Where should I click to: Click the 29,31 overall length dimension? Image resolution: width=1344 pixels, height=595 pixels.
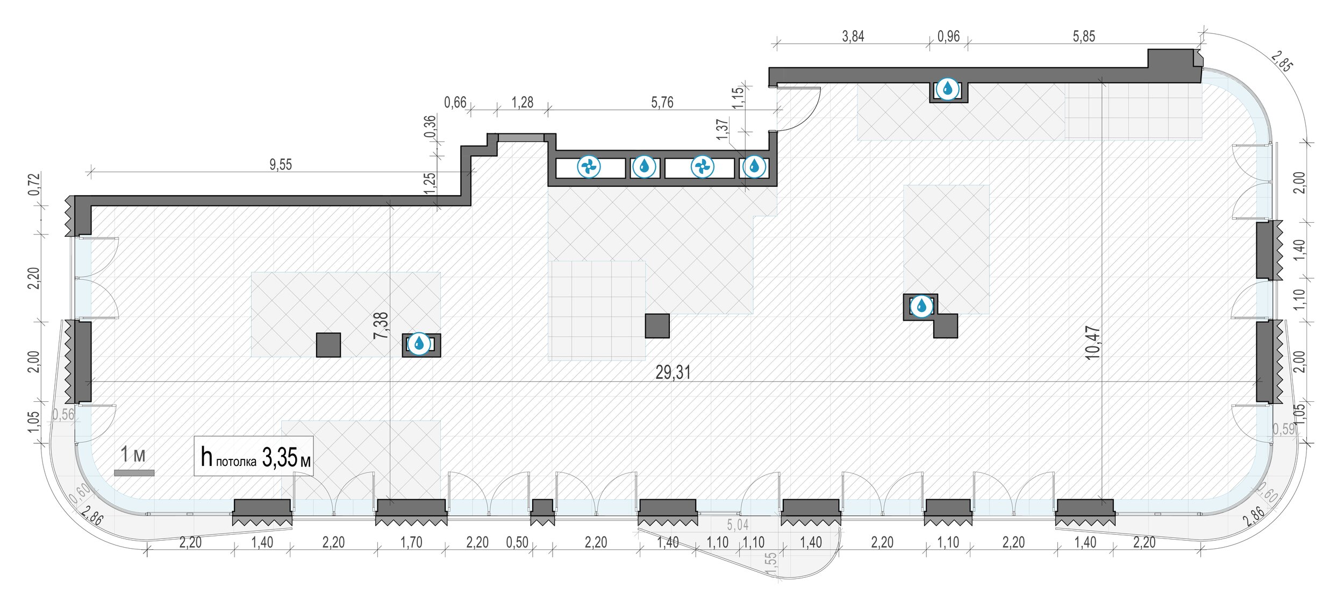(x=673, y=372)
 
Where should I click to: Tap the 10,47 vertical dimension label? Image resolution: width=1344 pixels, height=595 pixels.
(x=1093, y=343)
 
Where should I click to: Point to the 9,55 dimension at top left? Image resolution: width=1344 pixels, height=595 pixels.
(x=281, y=165)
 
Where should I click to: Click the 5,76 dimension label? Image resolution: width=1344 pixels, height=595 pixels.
(x=662, y=102)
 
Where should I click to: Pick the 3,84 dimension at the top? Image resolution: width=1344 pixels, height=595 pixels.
(x=853, y=36)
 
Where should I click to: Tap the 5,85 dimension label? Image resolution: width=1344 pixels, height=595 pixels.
(x=1083, y=36)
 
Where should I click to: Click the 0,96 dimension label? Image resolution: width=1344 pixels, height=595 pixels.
(x=948, y=36)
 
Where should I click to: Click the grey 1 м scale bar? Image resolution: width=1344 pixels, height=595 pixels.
(x=134, y=473)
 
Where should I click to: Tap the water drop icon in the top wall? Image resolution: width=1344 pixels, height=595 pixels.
(x=947, y=89)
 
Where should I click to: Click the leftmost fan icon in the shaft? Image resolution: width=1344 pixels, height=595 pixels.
(x=588, y=167)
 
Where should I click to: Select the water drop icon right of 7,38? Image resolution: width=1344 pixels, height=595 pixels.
(x=419, y=343)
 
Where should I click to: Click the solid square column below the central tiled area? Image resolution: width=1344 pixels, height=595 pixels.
(x=657, y=326)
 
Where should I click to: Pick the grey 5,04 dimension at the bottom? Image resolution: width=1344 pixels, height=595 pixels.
(x=738, y=524)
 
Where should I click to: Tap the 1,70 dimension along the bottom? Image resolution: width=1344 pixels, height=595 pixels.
(x=411, y=542)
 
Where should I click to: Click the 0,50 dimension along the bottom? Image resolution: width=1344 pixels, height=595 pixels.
(x=517, y=542)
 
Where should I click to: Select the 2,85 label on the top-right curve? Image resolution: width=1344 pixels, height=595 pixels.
(x=1282, y=62)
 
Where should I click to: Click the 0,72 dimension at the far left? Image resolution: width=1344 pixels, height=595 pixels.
(x=34, y=184)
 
